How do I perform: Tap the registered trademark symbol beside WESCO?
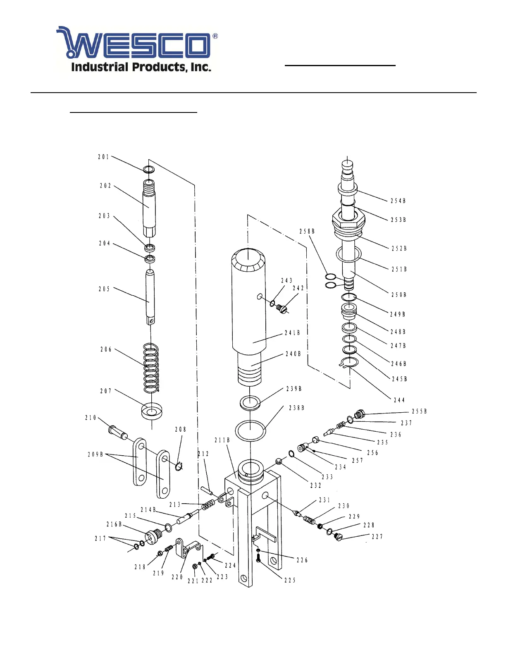tap(215, 36)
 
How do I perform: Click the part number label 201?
tap(103, 157)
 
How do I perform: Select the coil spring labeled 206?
tap(151, 368)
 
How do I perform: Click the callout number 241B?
tap(292, 333)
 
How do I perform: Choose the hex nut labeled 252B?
tap(348, 223)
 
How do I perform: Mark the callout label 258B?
tap(307, 231)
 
